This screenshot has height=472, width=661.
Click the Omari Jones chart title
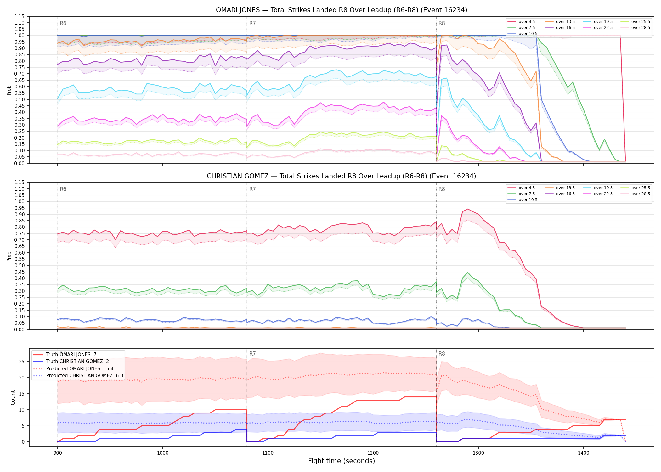(x=342, y=10)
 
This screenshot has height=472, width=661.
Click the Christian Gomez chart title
(x=342, y=176)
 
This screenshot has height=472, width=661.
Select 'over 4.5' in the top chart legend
(x=527, y=22)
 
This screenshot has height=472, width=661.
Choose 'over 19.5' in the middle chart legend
(x=603, y=188)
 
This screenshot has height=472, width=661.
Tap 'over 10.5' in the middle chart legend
(x=528, y=200)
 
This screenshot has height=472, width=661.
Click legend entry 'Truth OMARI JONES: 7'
(x=71, y=355)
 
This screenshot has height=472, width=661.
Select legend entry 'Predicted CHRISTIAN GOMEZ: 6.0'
(x=85, y=376)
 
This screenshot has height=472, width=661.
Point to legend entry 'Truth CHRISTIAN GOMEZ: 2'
(x=77, y=362)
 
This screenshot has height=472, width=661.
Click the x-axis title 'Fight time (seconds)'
(x=342, y=461)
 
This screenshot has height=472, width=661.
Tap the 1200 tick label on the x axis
(x=373, y=453)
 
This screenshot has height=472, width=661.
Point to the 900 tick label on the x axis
(x=57, y=453)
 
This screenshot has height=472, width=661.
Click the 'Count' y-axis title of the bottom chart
(x=13, y=397)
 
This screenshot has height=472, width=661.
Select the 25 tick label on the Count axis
(x=22, y=362)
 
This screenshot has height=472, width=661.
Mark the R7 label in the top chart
(x=252, y=23)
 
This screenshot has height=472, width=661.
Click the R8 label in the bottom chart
(x=442, y=354)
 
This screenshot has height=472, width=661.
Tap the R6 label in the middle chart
(x=63, y=189)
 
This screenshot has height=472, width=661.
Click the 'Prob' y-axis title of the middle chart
(x=9, y=256)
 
